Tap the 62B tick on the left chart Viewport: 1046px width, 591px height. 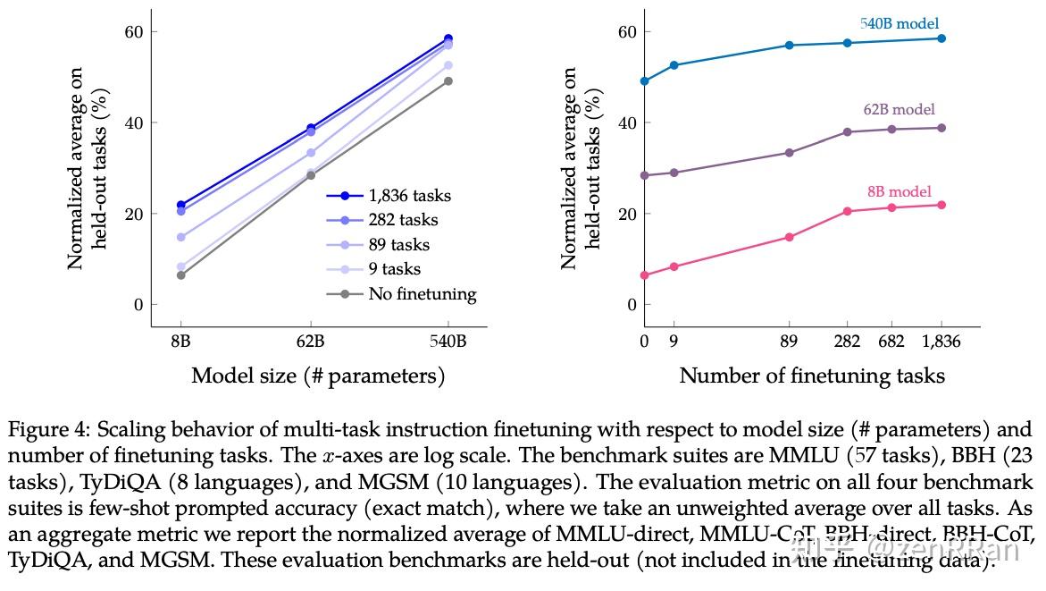[310, 342]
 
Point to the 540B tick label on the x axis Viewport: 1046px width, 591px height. [448, 342]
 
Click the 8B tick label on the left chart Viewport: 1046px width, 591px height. [180, 342]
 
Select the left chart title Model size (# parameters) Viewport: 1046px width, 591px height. [318, 376]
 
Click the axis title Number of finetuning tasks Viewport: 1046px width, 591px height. [812, 376]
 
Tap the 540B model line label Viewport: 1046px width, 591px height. [900, 24]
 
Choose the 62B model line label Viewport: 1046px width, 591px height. [899, 110]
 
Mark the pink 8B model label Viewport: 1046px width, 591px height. [899, 191]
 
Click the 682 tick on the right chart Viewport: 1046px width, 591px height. [891, 342]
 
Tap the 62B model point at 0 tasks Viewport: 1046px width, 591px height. [644, 175]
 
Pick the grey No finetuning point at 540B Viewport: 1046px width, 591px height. [448, 81]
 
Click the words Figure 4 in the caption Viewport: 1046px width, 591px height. [45, 429]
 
